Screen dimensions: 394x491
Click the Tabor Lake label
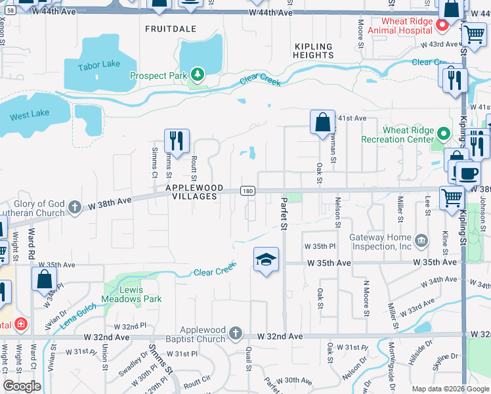pyautogui.click(x=98, y=66)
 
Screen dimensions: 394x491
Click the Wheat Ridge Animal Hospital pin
pyautogui.click(x=442, y=26)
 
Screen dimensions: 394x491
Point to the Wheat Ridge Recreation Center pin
pyautogui.click(x=444, y=135)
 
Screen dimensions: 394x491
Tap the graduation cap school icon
pyautogui.click(x=266, y=260)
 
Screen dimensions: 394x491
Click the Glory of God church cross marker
pyautogui.click(x=75, y=208)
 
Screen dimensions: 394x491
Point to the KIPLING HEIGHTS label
pyautogui.click(x=314, y=51)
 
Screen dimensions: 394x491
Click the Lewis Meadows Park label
pyautogui.click(x=131, y=294)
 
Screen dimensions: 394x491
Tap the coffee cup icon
pyautogui.click(x=468, y=174)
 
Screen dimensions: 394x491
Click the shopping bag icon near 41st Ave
pyautogui.click(x=322, y=122)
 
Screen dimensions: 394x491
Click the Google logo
pyautogui.click(x=22, y=386)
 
